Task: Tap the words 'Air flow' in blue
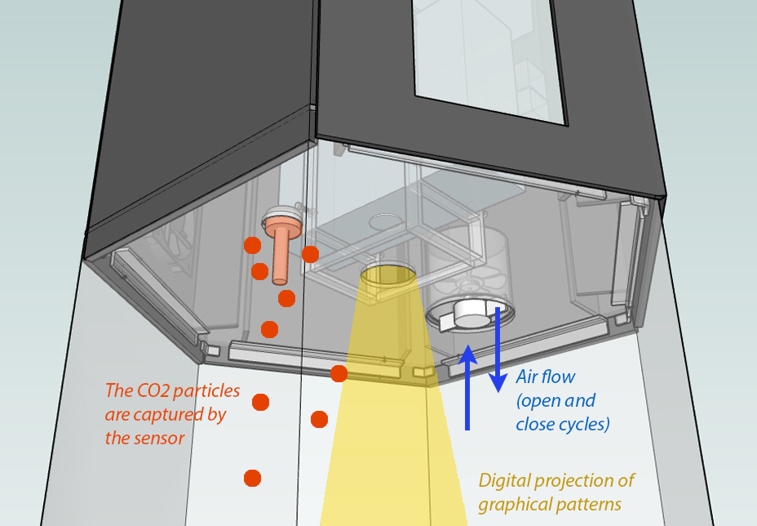(546, 377)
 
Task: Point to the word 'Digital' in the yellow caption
(504, 480)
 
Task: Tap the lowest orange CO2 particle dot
(252, 477)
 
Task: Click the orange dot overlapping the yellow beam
(339, 373)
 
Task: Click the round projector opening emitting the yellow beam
(387, 274)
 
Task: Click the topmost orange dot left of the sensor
(252, 245)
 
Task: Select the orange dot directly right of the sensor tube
(310, 254)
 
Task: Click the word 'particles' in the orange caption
(210, 391)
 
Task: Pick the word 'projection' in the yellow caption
(582, 480)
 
